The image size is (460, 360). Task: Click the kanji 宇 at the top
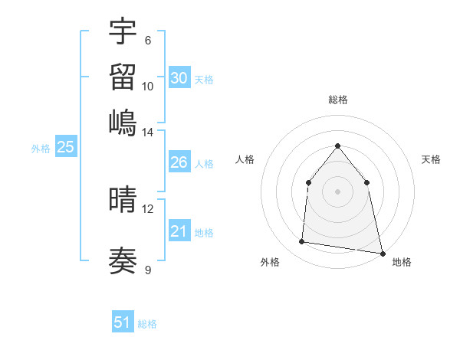[x=123, y=32]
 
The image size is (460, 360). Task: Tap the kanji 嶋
[x=123, y=123]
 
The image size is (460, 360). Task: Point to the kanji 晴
[x=123, y=200]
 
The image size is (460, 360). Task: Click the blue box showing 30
[x=179, y=78]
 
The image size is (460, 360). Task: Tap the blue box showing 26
[x=179, y=162]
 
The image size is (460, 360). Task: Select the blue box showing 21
[x=179, y=231]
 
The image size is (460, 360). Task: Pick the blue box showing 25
[x=65, y=148]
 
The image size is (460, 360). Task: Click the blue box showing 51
[x=123, y=322]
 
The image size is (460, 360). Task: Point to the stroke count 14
[x=148, y=132]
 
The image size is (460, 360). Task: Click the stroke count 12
[x=148, y=208]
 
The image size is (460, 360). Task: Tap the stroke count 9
[x=148, y=270]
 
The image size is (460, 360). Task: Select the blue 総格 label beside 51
[x=147, y=324]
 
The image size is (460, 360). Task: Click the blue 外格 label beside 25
[x=41, y=149]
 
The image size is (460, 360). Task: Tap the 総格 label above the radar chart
[x=337, y=100]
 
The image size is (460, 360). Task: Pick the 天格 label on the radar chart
[x=432, y=159]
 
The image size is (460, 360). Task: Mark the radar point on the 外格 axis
[x=302, y=242]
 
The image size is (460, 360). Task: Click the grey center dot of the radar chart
[x=337, y=191]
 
